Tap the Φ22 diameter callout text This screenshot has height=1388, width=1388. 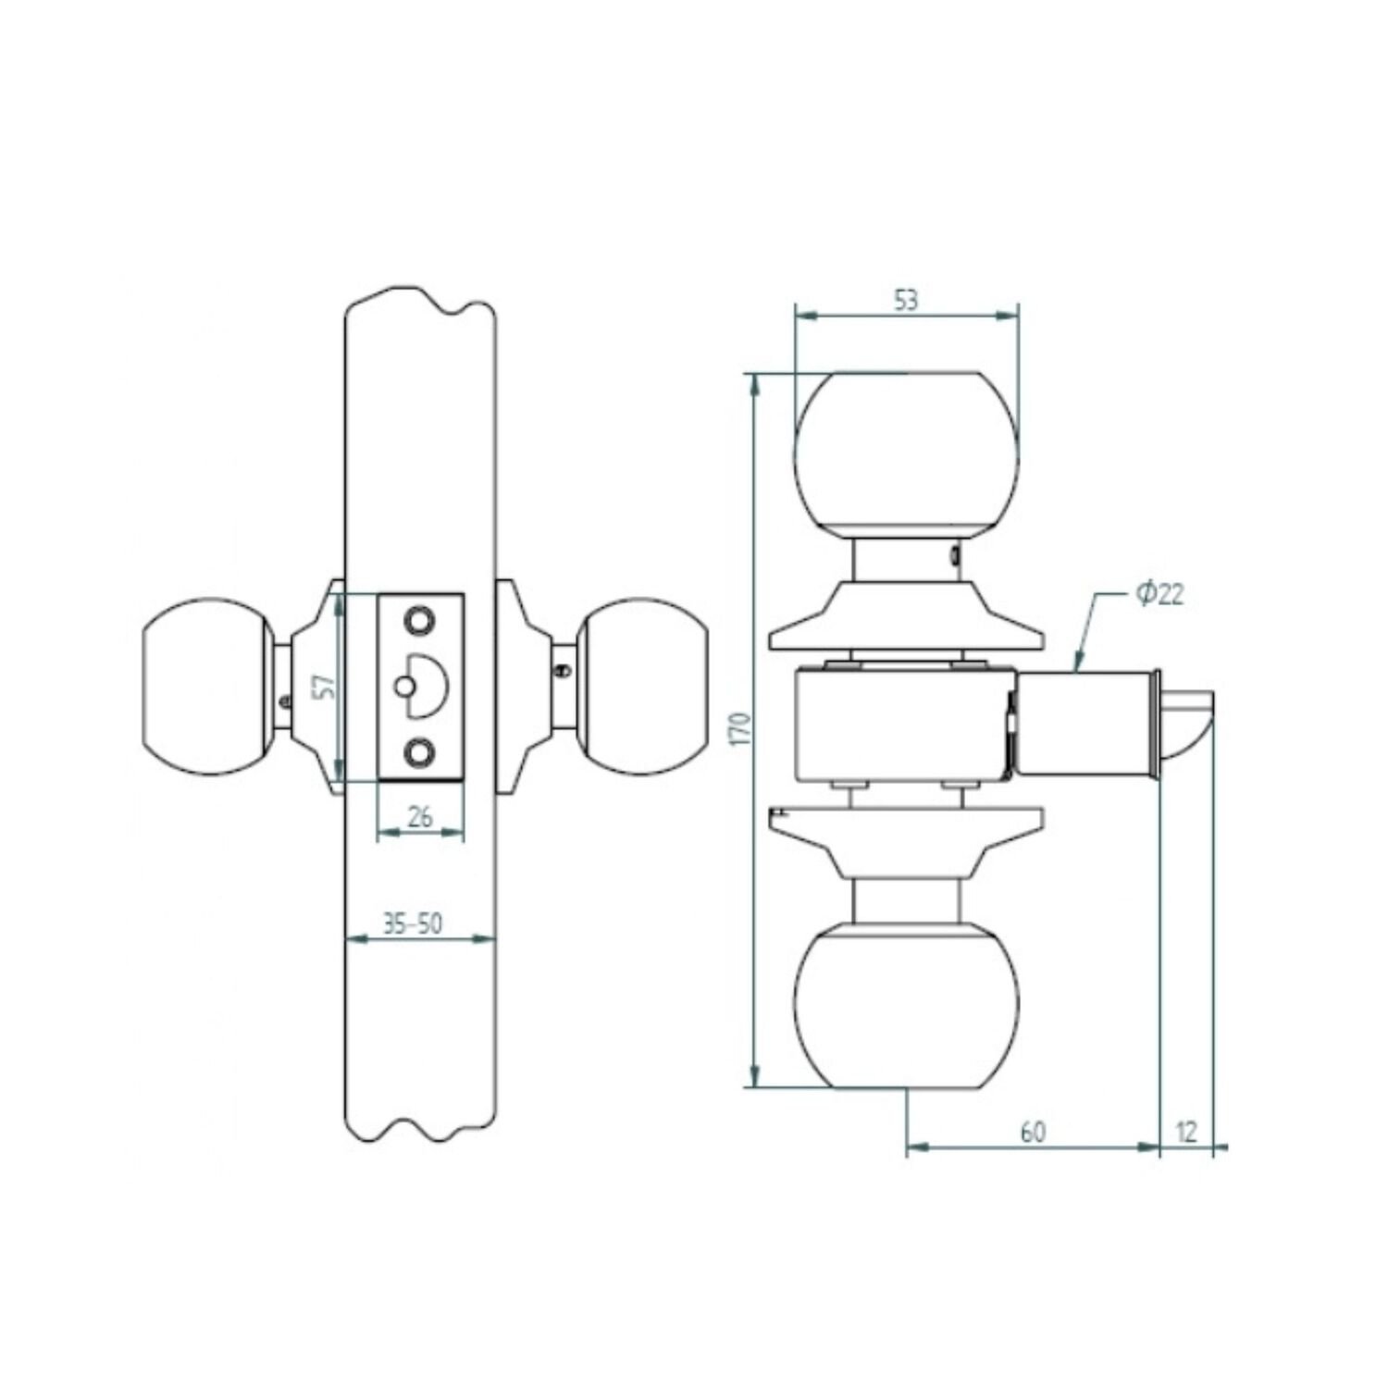[1159, 593]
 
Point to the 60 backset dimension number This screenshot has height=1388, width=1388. [1033, 1132]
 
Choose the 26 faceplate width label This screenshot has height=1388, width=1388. [420, 816]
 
